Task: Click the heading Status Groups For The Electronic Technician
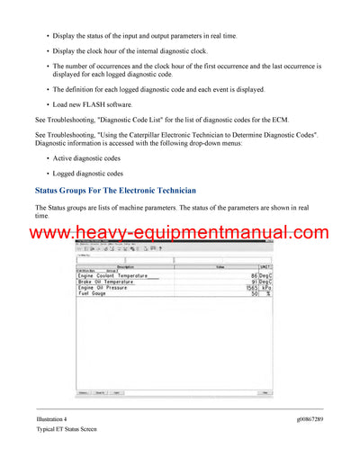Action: [x=115, y=191]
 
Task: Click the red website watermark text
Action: [x=179, y=233]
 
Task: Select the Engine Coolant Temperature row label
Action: [x=113, y=274]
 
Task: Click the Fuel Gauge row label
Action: [x=92, y=293]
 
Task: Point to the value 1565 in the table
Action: [x=251, y=287]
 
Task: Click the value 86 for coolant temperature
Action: [x=254, y=274]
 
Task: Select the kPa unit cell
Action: [x=265, y=287]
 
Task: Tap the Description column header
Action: [x=125, y=267]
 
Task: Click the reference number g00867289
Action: [x=306, y=419]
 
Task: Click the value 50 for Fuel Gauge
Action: [x=255, y=293]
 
